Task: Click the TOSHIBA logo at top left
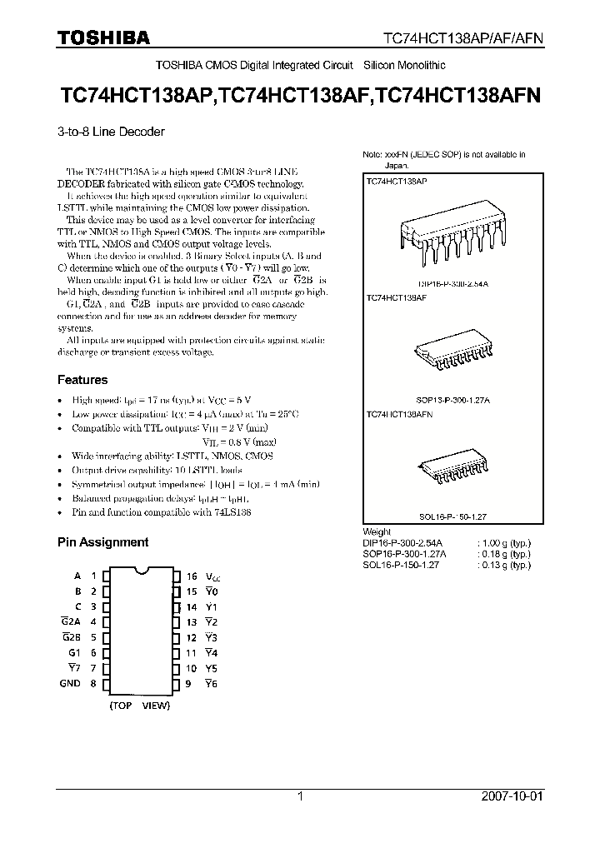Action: [103, 37]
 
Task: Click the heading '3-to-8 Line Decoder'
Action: [111, 132]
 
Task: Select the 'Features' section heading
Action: [82, 380]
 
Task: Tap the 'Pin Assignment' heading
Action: [102, 542]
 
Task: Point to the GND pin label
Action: [70, 684]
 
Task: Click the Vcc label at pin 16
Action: [215, 576]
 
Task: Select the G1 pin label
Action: [74, 653]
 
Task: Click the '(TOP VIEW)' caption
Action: [139, 706]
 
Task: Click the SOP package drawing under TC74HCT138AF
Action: [448, 351]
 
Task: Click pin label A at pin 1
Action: [77, 576]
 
